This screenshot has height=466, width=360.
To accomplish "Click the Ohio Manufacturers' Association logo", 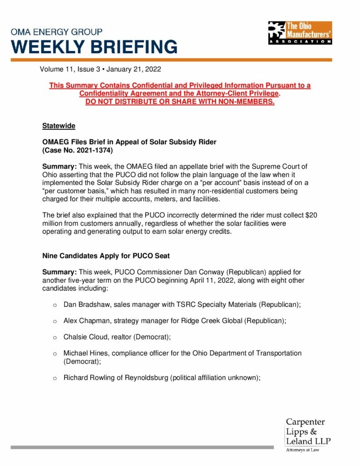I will click(300, 32).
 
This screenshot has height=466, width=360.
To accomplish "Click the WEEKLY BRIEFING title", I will click(95, 47).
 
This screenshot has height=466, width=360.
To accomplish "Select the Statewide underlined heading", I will click(59, 126).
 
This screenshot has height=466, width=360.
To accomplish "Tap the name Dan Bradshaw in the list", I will click(85, 303).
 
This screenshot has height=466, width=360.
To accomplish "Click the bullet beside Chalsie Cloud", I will click(55, 337).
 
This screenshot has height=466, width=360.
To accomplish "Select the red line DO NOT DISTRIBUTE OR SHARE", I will click(180, 101).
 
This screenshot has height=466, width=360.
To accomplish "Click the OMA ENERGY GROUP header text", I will click(56, 32).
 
